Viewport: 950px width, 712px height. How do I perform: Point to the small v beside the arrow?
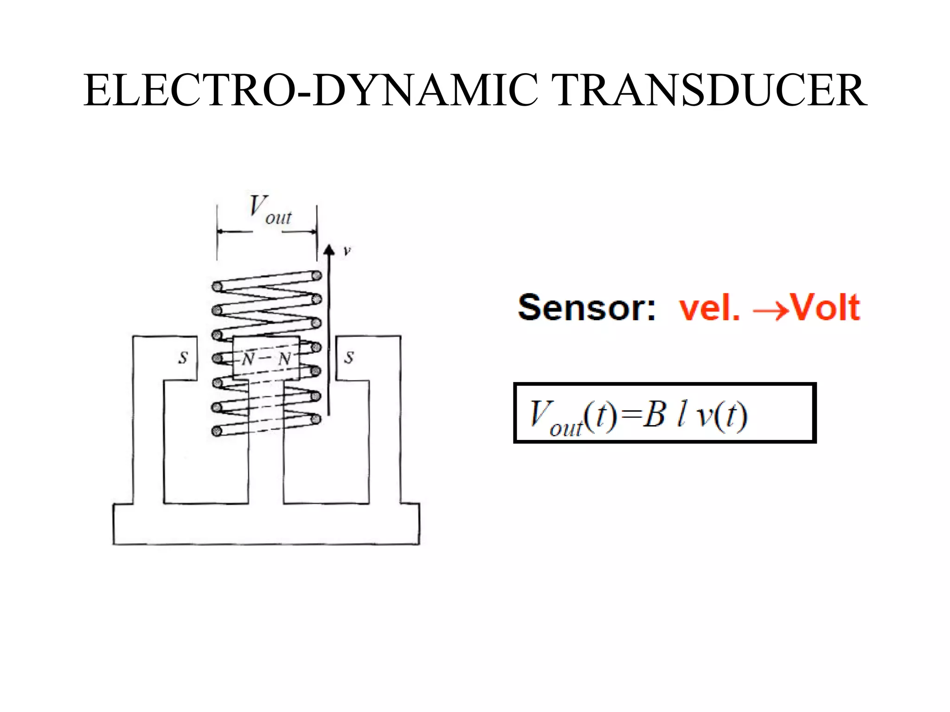point(347,251)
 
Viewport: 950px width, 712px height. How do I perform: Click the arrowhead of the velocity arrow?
point(329,250)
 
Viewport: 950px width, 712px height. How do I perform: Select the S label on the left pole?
point(183,357)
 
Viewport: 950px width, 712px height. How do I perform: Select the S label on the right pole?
point(349,357)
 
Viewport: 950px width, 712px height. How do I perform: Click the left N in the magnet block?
point(248,358)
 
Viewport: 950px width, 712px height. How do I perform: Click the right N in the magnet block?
point(284,358)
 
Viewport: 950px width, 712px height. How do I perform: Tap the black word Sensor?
point(587,307)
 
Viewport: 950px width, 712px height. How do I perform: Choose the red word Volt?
point(826,307)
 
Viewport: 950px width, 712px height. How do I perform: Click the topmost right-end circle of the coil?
point(317,275)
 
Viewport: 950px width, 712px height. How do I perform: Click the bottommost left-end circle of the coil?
point(216,432)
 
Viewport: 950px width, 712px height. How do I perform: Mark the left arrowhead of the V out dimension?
point(220,231)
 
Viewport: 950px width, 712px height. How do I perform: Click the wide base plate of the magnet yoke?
point(266,524)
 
